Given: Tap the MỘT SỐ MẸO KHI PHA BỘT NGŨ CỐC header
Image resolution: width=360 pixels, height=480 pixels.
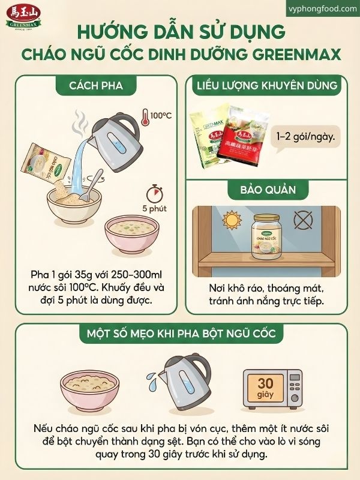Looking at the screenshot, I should (x=180, y=334).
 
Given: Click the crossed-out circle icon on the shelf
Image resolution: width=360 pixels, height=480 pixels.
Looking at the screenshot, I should (x=307, y=221).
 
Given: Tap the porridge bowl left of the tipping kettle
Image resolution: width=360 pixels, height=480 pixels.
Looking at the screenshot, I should (x=91, y=389).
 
